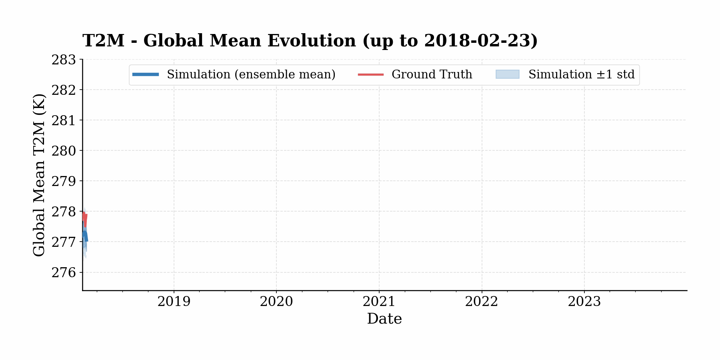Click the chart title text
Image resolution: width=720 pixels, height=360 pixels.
(x=310, y=41)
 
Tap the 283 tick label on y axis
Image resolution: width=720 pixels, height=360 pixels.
(x=64, y=60)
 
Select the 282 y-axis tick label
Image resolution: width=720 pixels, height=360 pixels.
(x=64, y=90)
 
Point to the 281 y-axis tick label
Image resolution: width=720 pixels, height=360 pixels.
(x=64, y=120)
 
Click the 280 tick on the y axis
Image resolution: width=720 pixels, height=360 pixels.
(x=64, y=151)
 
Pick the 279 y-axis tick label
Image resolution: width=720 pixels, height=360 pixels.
(x=64, y=181)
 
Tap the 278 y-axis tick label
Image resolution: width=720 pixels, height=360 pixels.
(x=64, y=212)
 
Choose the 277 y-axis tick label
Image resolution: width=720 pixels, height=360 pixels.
(x=64, y=242)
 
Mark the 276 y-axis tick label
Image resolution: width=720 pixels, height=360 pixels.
(x=64, y=272)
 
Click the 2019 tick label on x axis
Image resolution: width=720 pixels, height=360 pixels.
(x=174, y=302)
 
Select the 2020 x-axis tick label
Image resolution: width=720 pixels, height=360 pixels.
(x=276, y=302)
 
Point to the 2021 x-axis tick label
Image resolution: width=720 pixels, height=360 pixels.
(x=379, y=302)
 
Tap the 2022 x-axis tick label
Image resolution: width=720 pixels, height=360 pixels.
(x=482, y=302)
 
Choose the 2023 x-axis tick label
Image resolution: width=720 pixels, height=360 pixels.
(x=584, y=302)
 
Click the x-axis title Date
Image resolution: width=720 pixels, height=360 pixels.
(x=384, y=319)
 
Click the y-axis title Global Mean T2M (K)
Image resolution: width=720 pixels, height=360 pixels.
(x=39, y=175)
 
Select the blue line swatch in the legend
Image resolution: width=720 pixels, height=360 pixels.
(x=146, y=74)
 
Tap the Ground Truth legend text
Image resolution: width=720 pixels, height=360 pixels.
(x=432, y=74)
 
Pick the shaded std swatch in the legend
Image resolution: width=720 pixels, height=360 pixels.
(x=507, y=74)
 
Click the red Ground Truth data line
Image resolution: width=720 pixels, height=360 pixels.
(x=85, y=218)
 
